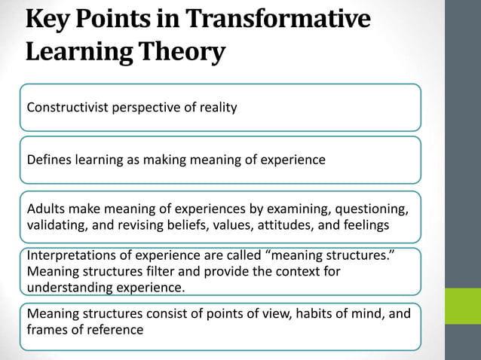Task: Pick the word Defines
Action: tap(49, 160)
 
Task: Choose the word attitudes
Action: tap(280, 225)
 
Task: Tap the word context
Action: tap(284, 271)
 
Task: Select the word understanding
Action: tap(71, 287)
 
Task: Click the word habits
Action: tap(268, 313)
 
